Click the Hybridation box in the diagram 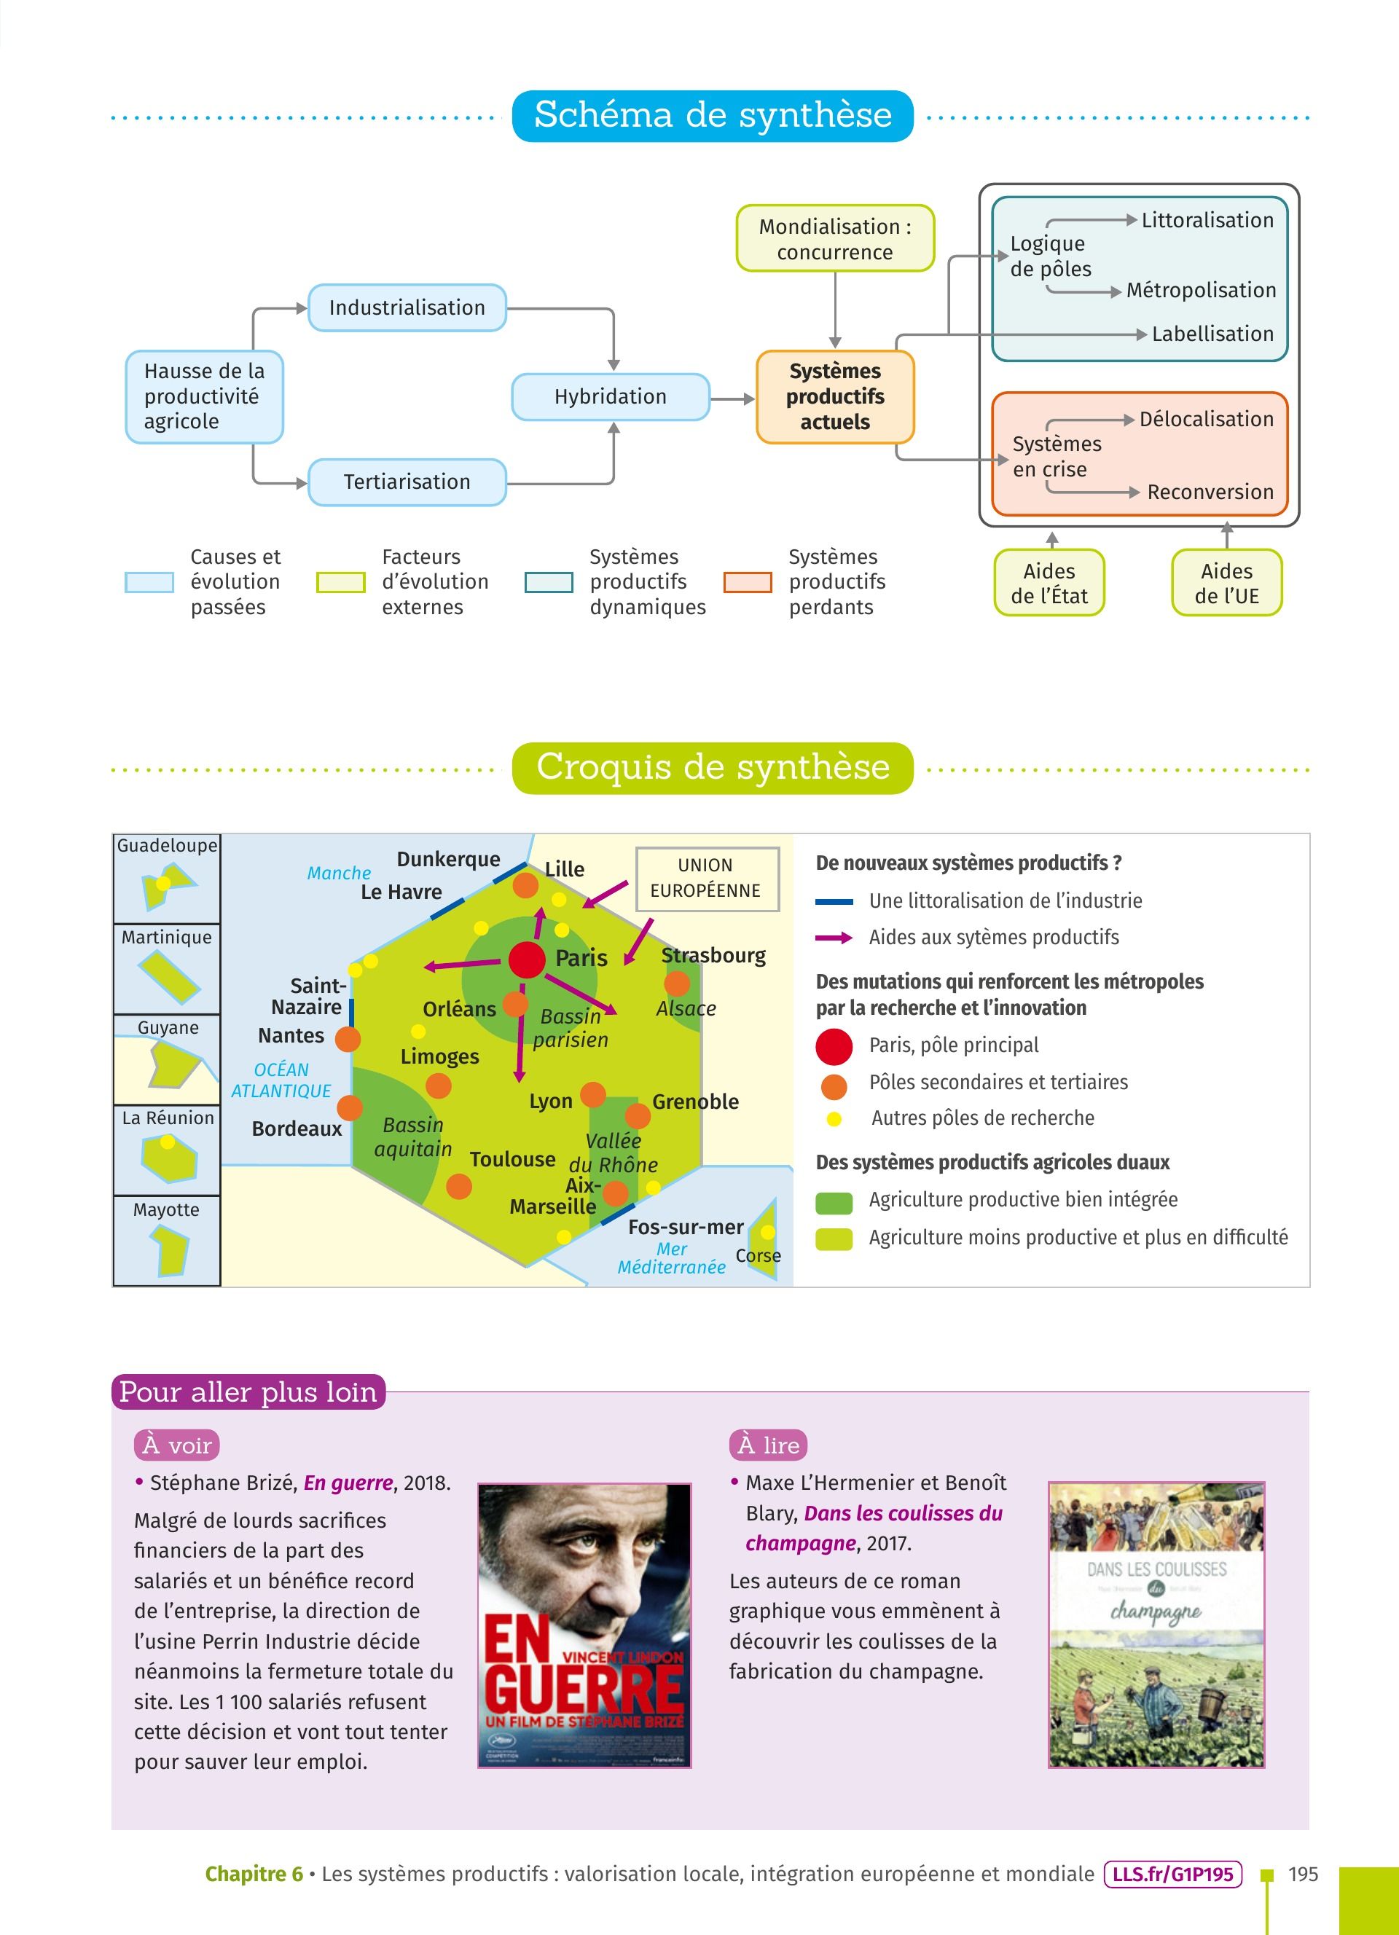(x=610, y=397)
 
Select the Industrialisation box (x=407, y=308)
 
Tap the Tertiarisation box (x=407, y=482)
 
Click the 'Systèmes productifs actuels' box (x=835, y=397)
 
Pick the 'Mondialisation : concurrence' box (x=835, y=239)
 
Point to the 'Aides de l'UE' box (x=1227, y=584)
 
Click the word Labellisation (x=1212, y=334)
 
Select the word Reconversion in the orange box (x=1210, y=492)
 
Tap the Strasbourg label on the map (x=713, y=956)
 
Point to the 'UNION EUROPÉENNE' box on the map (x=706, y=879)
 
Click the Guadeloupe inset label (x=167, y=846)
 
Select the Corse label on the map (x=759, y=1256)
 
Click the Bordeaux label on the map (x=297, y=1129)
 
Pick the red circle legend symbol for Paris (x=834, y=1047)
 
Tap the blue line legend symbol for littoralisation (x=834, y=902)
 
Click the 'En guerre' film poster (x=584, y=1625)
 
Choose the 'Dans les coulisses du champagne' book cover (x=1156, y=1625)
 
